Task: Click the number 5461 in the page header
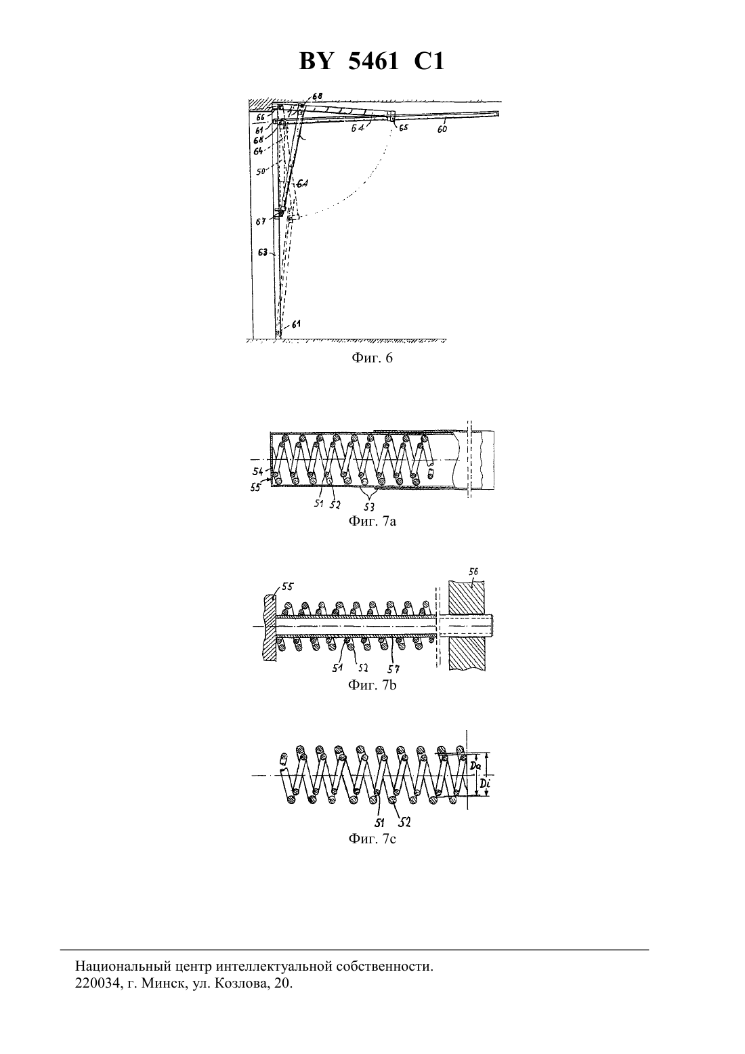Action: click(x=373, y=61)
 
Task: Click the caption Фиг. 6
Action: click(x=372, y=358)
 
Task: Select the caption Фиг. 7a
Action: click(x=372, y=522)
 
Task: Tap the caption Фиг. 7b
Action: click(x=372, y=685)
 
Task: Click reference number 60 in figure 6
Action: click(x=442, y=129)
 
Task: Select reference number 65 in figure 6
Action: click(x=403, y=127)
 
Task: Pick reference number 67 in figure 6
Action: click(x=261, y=221)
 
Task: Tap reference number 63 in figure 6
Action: click(x=263, y=253)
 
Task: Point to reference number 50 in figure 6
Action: click(x=261, y=172)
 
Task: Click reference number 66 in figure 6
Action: click(x=261, y=117)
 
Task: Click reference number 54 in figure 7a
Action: click(x=258, y=471)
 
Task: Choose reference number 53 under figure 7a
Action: click(x=369, y=507)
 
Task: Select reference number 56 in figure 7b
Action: click(x=473, y=571)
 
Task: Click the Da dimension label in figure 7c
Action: click(x=475, y=767)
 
